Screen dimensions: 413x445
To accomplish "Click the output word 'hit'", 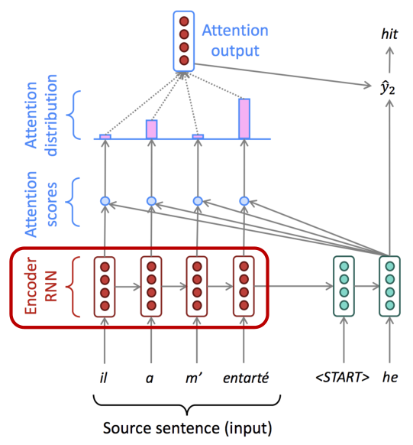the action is [389, 34].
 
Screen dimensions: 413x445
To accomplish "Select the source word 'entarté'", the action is [246, 378].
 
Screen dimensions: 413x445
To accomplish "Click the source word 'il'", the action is [104, 378].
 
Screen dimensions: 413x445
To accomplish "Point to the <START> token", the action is [343, 377].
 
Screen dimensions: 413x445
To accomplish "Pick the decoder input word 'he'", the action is [390, 377].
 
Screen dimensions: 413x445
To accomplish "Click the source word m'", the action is [194, 378].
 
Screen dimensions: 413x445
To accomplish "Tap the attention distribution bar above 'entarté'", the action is [244, 119].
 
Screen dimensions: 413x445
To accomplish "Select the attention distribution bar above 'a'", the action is [152, 129].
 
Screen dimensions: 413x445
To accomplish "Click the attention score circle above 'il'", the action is [105, 201].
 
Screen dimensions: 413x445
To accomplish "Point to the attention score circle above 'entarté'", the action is [244, 201].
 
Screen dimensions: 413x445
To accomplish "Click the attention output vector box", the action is [184, 41].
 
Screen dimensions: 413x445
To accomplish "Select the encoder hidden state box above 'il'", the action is [105, 287].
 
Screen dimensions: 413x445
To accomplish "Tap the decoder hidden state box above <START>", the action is [344, 286].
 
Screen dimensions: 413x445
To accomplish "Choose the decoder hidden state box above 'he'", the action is [390, 286].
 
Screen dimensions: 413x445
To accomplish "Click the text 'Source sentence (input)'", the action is [187, 428].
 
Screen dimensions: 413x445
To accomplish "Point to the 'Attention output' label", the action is [235, 41].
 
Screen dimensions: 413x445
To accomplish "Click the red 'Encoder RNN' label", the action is [41, 286].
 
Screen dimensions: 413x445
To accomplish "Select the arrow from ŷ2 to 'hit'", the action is [390, 60].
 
